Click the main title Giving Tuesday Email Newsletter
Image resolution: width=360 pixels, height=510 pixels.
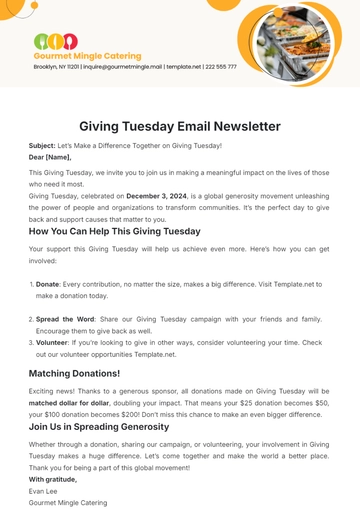(x=180, y=127)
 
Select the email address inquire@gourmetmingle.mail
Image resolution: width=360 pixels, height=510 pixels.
(x=126, y=67)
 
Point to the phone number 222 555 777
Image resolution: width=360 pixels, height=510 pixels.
(x=220, y=67)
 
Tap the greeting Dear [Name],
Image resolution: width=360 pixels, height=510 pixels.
(x=51, y=157)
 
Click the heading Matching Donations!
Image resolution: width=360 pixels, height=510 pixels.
(x=89, y=373)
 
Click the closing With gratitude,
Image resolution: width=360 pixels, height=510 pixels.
(x=55, y=479)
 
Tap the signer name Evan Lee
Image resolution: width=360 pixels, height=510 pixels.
(x=45, y=490)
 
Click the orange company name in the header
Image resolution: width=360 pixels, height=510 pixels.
(x=88, y=56)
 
